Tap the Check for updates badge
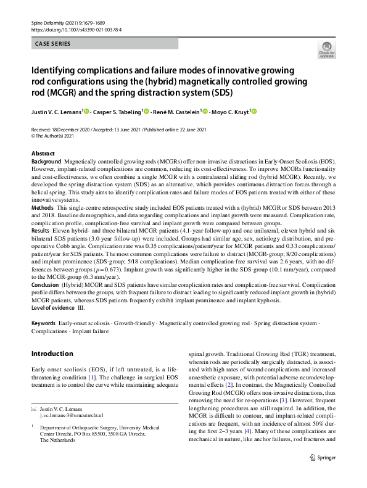pos(326,51)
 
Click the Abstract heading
pos(43,153)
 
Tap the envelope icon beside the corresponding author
pos(33,410)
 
